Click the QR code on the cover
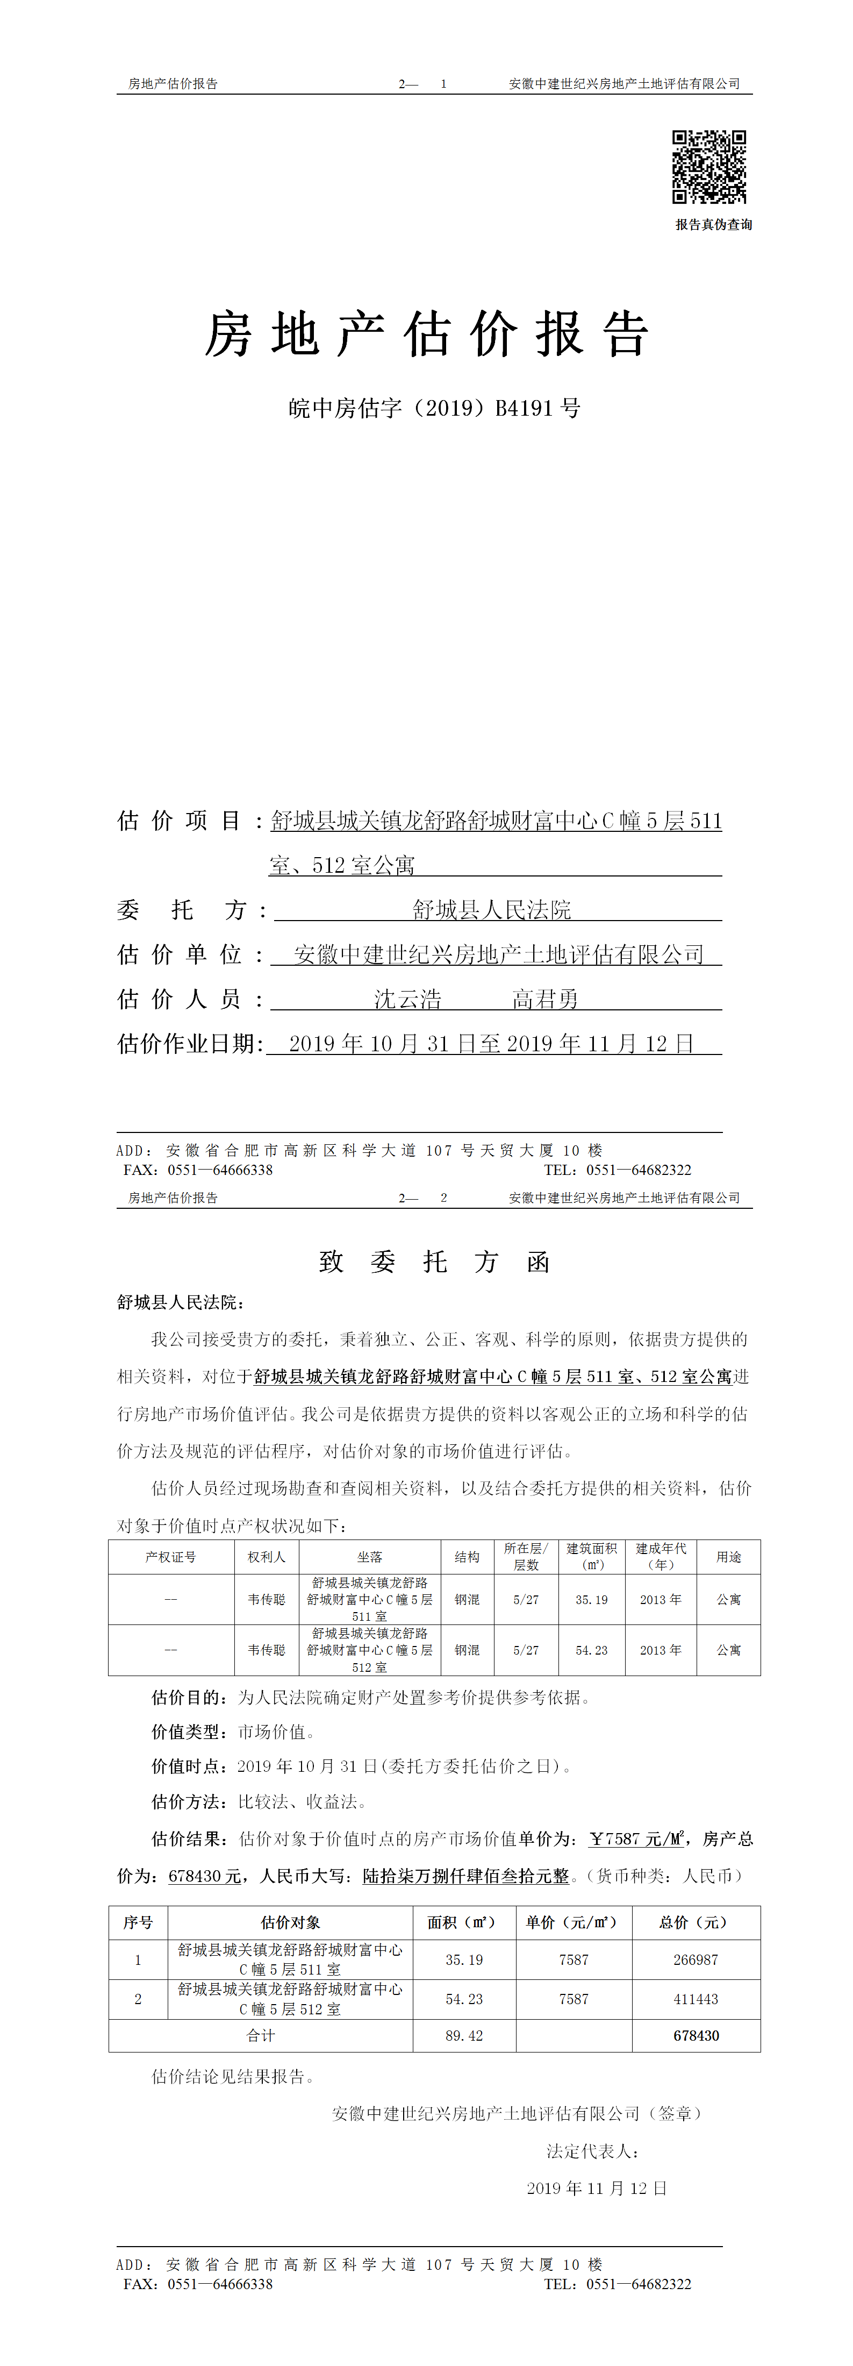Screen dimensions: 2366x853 point(709,166)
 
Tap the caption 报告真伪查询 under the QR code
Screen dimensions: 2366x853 point(713,225)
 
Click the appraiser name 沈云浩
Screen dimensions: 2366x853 point(407,999)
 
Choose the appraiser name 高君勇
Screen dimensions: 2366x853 point(546,999)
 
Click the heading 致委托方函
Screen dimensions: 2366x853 point(434,1262)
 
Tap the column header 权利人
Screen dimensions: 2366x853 point(266,1557)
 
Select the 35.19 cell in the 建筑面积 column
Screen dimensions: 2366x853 point(591,1599)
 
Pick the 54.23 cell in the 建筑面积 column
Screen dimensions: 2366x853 point(591,1650)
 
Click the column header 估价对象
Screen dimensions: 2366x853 point(290,1922)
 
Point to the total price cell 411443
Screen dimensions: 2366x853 point(695,1999)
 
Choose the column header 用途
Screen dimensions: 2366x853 point(728,1557)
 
